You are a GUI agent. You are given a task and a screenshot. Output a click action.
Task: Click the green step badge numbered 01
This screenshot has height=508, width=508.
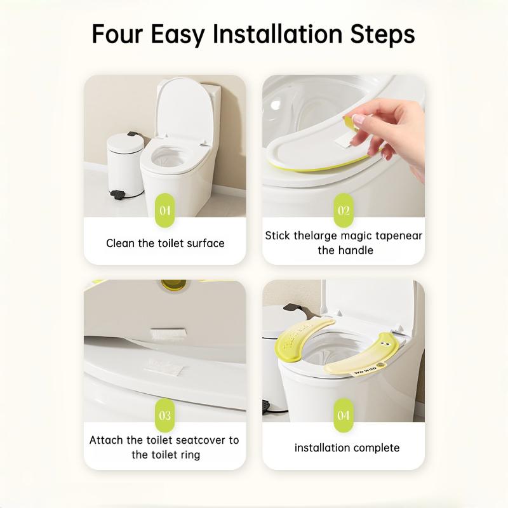point(165,210)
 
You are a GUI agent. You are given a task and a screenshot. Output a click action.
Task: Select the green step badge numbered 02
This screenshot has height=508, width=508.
point(344,210)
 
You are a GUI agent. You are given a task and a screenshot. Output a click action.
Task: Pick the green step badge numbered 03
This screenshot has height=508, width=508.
point(165,416)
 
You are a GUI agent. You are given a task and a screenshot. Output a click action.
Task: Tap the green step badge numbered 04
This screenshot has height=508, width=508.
point(344,416)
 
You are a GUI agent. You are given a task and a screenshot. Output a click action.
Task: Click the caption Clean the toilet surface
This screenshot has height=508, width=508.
point(165,243)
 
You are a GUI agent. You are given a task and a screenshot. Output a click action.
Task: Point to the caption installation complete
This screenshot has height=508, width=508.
point(347,448)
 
